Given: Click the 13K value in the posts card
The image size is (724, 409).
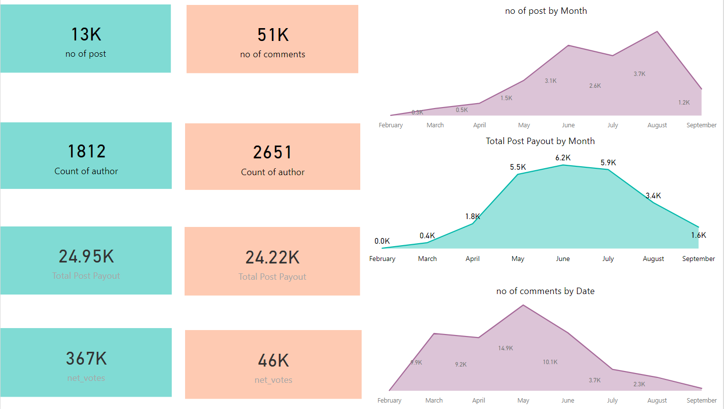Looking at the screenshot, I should coord(86,35).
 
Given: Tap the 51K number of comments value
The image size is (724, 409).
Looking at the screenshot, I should coord(273,35).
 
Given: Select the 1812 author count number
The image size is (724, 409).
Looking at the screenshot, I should coord(86,151).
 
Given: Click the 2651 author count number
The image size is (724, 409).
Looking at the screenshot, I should coord(272,152).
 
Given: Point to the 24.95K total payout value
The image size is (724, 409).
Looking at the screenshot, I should coord(86,257).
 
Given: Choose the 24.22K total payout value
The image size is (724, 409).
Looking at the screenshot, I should coord(272,258).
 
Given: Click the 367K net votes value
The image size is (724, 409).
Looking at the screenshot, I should coord(86,359).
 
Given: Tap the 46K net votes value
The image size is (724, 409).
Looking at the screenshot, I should coord(273,361).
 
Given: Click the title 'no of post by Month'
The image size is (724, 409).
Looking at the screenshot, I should coord(546,11).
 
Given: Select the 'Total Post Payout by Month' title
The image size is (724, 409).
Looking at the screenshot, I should coord(540,141).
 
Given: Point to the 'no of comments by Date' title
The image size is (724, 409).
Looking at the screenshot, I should coord(545,291).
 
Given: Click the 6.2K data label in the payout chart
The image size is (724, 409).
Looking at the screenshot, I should coord(563,158).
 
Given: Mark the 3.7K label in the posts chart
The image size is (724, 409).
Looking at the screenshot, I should coord(639,74).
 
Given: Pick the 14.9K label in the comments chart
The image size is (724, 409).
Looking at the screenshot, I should coord(505,348).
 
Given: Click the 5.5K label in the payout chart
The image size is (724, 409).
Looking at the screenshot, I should coord(518,167).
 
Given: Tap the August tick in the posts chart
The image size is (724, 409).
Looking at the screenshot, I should coord(657,125).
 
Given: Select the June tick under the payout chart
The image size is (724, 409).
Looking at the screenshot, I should coord(563,259).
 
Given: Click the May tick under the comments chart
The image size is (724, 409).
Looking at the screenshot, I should coord(523,401).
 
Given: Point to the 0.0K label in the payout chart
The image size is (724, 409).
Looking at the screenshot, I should coord(382,241).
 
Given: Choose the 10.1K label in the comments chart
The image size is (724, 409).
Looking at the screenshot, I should coord(550,362).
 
